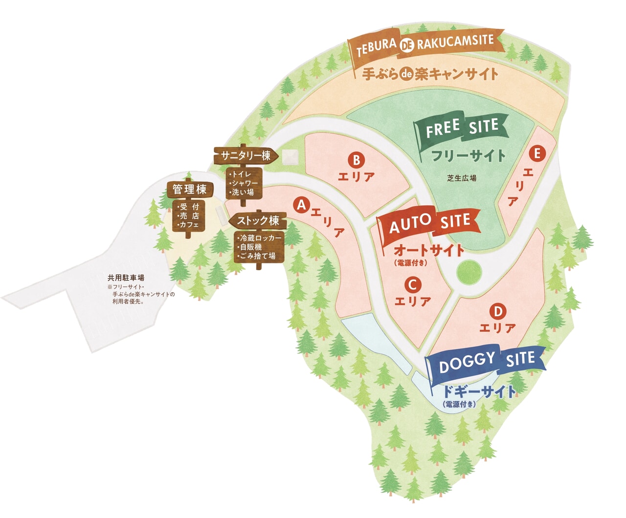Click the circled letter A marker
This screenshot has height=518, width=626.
tap(302, 205)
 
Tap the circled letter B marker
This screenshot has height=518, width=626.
tap(357, 160)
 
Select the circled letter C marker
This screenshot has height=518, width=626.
tap(412, 284)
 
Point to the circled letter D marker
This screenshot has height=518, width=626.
tap(497, 311)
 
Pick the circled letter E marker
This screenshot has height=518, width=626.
tap(537, 153)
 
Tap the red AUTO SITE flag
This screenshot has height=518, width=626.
tap(428, 224)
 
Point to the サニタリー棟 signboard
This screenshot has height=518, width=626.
tap(246, 156)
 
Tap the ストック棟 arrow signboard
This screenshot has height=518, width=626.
tap(257, 221)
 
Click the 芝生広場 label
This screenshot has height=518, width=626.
tap(461, 178)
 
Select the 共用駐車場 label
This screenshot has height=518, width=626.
tap(126, 278)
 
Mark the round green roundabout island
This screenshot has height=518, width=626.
tap(469, 273)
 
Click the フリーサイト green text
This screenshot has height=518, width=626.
tap(468, 156)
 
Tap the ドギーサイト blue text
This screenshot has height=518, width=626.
tap(478, 391)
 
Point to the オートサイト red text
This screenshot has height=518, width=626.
tap(429, 250)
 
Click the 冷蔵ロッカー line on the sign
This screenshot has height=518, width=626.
tap(260, 238)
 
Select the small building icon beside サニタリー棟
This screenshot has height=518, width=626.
tap(290, 157)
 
